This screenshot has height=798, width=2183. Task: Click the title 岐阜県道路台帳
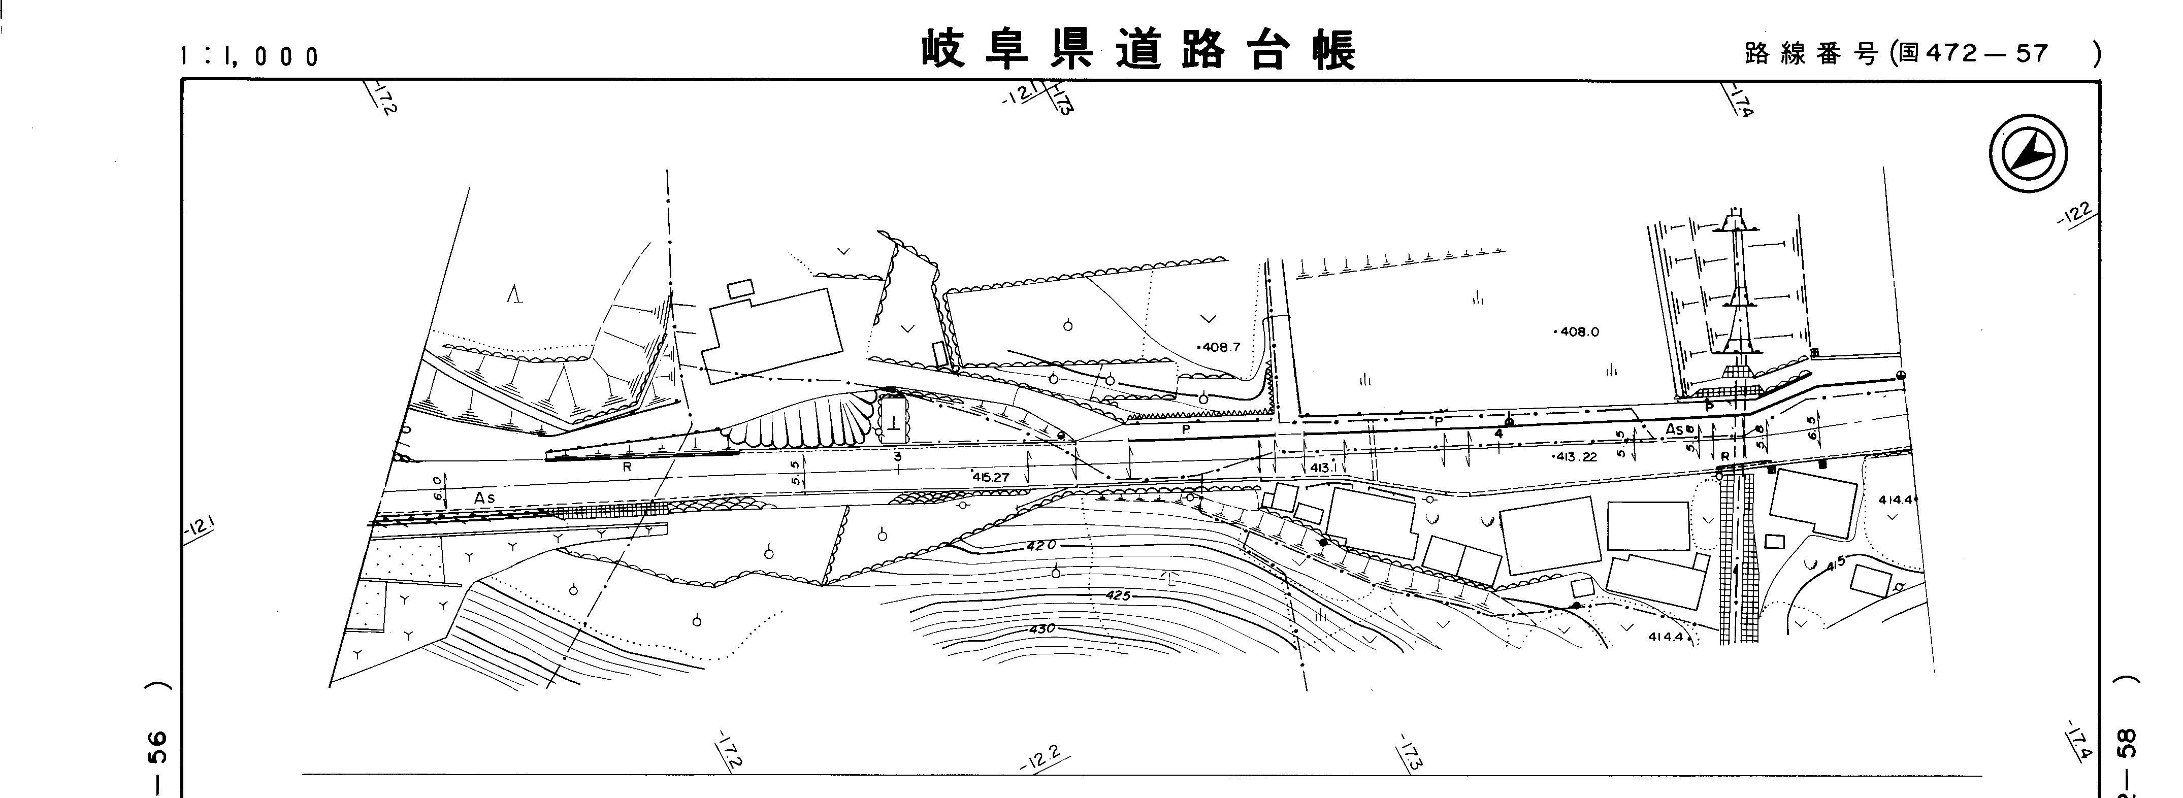pos(1138,51)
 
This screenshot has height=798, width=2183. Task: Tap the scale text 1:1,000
pos(250,57)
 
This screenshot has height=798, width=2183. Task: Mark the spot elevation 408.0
pos(1577,332)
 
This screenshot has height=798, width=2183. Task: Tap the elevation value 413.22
pos(1575,456)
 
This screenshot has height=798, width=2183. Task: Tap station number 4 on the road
pos(1498,434)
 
